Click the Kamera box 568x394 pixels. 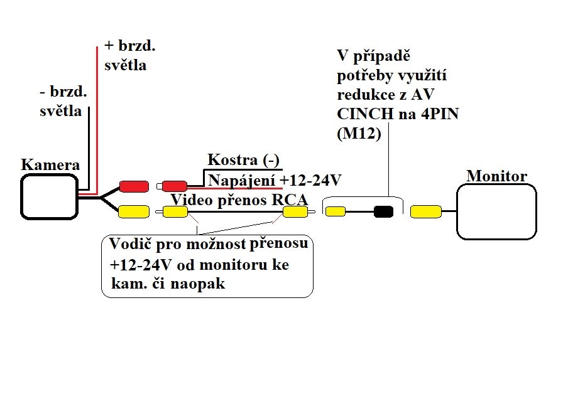[x=48, y=196]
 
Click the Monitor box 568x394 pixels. [x=496, y=211]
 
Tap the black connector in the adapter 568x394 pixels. [x=383, y=212]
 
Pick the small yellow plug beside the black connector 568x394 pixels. [x=335, y=211]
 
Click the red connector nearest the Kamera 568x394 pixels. [x=133, y=186]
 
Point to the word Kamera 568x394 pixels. [x=50, y=165]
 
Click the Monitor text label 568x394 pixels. [x=496, y=176]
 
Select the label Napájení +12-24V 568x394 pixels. [x=274, y=181]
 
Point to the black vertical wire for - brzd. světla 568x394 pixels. [x=89, y=147]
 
